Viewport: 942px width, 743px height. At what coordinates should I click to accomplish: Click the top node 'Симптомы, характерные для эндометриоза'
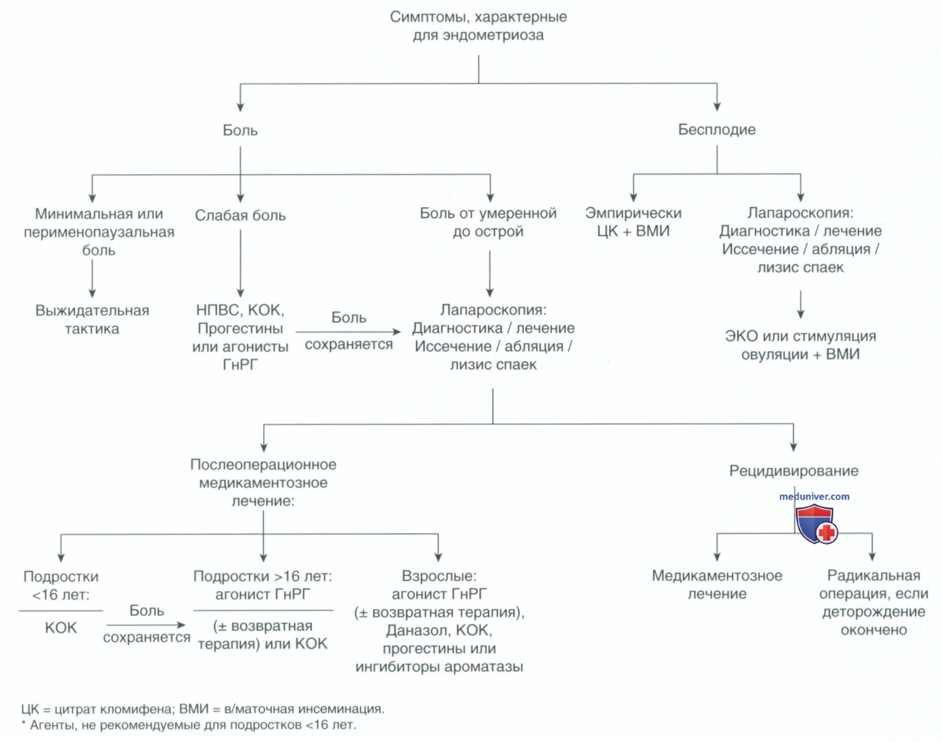pyautogui.click(x=478, y=26)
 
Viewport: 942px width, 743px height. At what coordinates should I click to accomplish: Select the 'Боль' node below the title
pyautogui.click(x=240, y=130)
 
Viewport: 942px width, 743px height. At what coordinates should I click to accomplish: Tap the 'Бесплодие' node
pyautogui.click(x=716, y=130)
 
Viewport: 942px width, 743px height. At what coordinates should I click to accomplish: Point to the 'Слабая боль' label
pyautogui.click(x=240, y=216)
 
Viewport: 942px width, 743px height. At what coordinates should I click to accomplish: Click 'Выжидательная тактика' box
pyautogui.click(x=92, y=320)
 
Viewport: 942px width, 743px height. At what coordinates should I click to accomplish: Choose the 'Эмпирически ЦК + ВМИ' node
pyautogui.click(x=634, y=222)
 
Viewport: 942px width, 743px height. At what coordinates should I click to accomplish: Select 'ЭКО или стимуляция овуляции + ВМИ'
pyautogui.click(x=800, y=345)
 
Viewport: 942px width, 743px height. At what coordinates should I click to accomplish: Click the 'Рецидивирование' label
pyautogui.click(x=794, y=470)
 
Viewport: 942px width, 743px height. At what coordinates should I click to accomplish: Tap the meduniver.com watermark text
pyautogui.click(x=814, y=496)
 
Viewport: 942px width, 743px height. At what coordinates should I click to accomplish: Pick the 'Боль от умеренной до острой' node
pyautogui.click(x=488, y=222)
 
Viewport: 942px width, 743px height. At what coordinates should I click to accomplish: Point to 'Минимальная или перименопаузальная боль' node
pyautogui.click(x=99, y=232)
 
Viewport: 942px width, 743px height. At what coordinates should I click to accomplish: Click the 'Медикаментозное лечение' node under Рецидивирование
pyautogui.click(x=716, y=585)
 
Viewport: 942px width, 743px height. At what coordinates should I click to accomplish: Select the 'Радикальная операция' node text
pyautogui.click(x=873, y=602)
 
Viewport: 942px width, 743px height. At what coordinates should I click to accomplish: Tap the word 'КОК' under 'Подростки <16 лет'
pyautogui.click(x=61, y=628)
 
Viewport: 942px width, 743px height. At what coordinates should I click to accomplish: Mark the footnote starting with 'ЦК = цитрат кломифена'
pyautogui.click(x=203, y=709)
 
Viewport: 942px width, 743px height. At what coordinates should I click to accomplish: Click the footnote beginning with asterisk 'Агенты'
pyautogui.click(x=188, y=725)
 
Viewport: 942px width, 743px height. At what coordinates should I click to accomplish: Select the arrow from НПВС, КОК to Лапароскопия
pyautogui.click(x=348, y=332)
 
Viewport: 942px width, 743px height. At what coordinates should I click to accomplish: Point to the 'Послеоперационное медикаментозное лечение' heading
pyautogui.click(x=263, y=482)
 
